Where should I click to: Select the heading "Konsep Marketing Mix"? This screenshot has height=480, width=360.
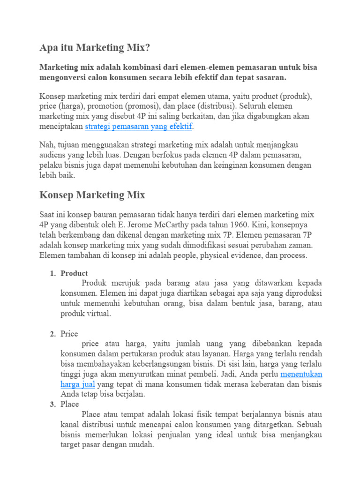tap(92, 195)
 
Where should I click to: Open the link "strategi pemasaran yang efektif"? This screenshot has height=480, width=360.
tap(139, 127)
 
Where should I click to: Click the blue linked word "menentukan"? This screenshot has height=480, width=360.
tap(301, 375)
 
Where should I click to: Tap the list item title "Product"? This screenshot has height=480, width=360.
tap(74, 273)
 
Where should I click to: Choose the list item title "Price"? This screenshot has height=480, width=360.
tap(70, 334)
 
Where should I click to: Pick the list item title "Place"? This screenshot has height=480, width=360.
tap(70, 404)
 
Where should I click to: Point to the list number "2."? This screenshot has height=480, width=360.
tap(53, 334)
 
